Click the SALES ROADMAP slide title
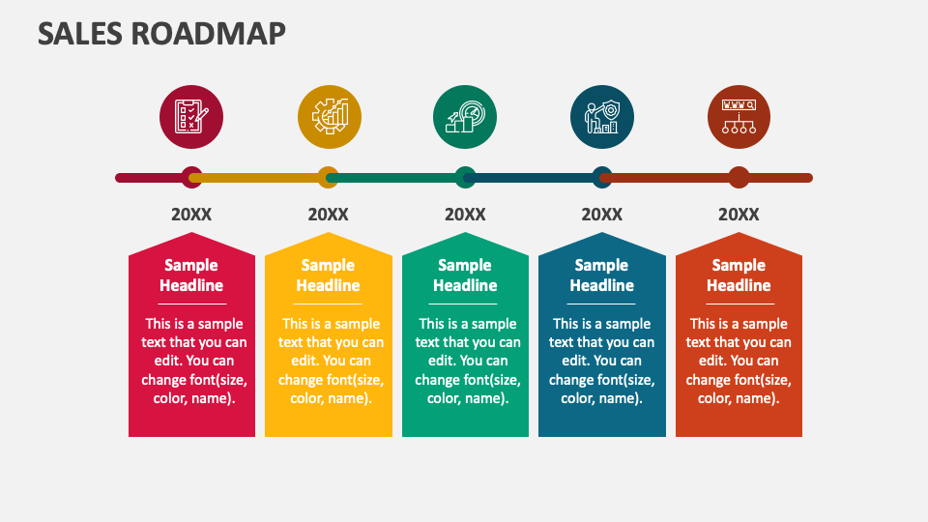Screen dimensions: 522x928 pos(161,33)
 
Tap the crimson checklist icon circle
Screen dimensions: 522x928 pos(191,117)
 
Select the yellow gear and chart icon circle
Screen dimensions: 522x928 pos(329,117)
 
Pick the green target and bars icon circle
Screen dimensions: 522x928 pos(465,117)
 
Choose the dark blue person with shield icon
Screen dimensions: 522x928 pos(602,117)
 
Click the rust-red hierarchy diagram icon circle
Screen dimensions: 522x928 pos(739,117)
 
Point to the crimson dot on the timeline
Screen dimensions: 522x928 pos(191,178)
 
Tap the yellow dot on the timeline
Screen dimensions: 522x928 pos(329,178)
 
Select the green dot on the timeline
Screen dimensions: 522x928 pos(465,178)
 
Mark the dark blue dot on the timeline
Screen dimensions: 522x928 pos(602,178)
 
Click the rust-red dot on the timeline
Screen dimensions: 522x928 pos(739,178)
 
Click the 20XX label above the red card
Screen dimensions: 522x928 pos(191,215)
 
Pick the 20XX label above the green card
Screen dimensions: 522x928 pos(465,215)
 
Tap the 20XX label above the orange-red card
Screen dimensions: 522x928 pos(739,215)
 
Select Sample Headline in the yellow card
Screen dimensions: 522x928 pos(329,275)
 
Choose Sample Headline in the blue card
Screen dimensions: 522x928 pos(602,275)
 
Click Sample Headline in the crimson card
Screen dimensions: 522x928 pos(191,275)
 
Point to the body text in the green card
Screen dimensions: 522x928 pos(465,361)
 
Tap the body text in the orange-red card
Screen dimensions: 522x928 pos(739,361)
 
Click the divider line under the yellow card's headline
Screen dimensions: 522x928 pos(329,304)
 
